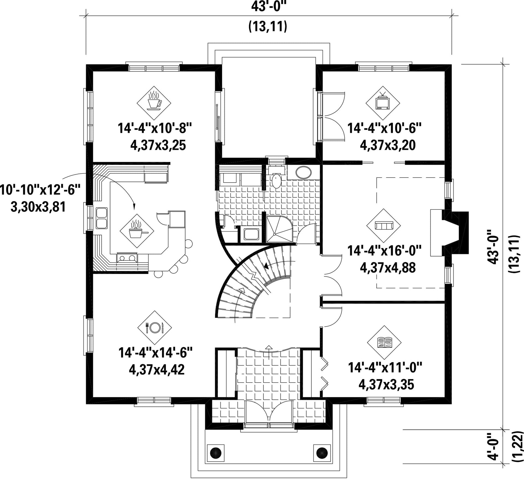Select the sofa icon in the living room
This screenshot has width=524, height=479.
384,225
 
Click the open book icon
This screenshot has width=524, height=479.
384,342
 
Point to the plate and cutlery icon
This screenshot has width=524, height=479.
154,328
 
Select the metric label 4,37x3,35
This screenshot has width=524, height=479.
386,385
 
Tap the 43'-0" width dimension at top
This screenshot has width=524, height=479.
267,6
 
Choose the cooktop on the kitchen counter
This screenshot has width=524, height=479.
127,258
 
